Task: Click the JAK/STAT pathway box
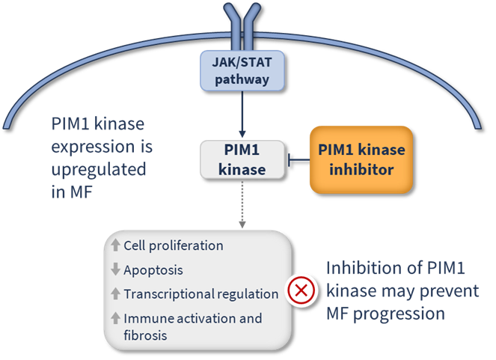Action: point(242,68)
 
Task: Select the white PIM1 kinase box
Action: point(242,159)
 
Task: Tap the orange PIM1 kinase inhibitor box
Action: point(361,159)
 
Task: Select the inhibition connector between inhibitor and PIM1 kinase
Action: point(298,159)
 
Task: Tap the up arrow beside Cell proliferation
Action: point(115,245)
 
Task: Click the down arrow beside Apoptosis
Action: point(115,269)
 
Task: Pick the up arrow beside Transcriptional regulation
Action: point(115,293)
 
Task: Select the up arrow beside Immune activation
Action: point(115,318)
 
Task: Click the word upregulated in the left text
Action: point(98,169)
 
